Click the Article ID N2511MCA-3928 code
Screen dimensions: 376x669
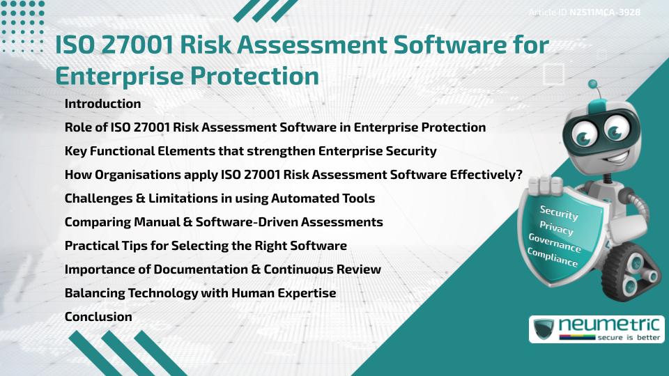pos(604,12)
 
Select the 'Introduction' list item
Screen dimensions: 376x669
pos(102,104)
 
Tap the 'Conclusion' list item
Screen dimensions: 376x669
pos(98,317)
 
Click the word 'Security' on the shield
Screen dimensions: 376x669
pos(559,212)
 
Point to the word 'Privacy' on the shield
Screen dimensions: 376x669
pos(556,228)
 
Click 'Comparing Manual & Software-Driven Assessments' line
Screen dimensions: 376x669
pos(224,222)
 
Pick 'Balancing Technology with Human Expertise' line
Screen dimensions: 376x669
pos(200,293)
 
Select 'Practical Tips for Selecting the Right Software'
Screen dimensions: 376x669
pos(206,246)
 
